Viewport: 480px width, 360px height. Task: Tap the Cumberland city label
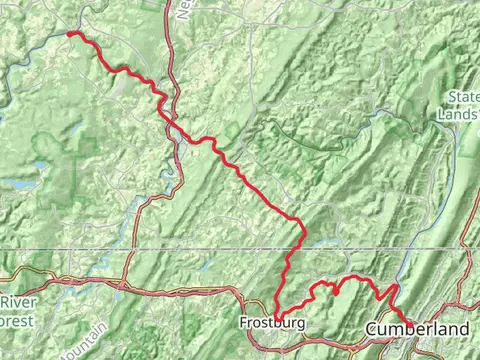point(417,329)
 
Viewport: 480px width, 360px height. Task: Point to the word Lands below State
point(458,114)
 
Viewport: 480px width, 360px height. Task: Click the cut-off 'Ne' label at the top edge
point(183,9)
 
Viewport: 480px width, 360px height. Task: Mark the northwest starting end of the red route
point(70,33)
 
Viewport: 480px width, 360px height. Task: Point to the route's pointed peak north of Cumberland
point(393,286)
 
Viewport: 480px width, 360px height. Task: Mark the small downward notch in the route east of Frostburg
point(336,292)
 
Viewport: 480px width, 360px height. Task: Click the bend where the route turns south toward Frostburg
point(301,225)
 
